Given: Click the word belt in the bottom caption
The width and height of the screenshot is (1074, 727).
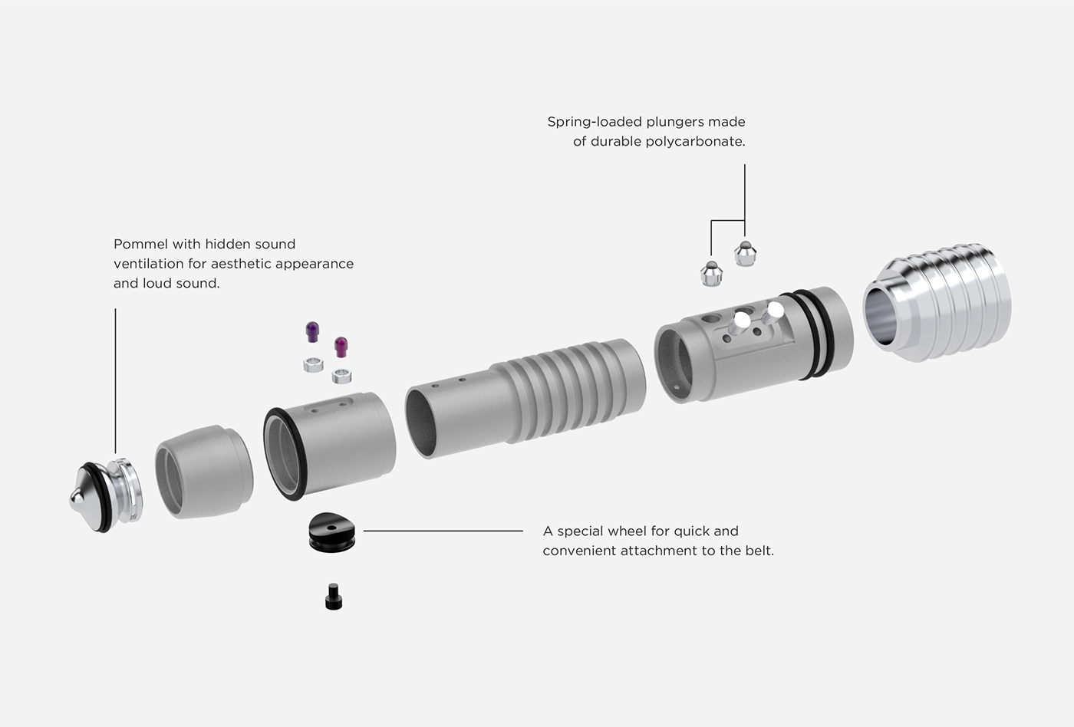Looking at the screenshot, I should click(756, 551).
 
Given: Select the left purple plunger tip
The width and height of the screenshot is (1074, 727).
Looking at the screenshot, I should click(312, 332).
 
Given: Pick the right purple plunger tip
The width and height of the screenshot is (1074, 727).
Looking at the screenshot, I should click(341, 347).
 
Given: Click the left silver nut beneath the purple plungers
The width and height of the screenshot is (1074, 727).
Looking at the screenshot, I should click(312, 364).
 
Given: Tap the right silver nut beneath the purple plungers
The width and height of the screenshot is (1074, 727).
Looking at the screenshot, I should click(341, 376).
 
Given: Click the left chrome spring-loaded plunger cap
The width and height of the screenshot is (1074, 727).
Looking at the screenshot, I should click(712, 273).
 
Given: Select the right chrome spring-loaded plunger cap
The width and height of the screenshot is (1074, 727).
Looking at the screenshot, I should click(745, 253).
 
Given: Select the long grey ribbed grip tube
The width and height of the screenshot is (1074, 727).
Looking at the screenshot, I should click(529, 399).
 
